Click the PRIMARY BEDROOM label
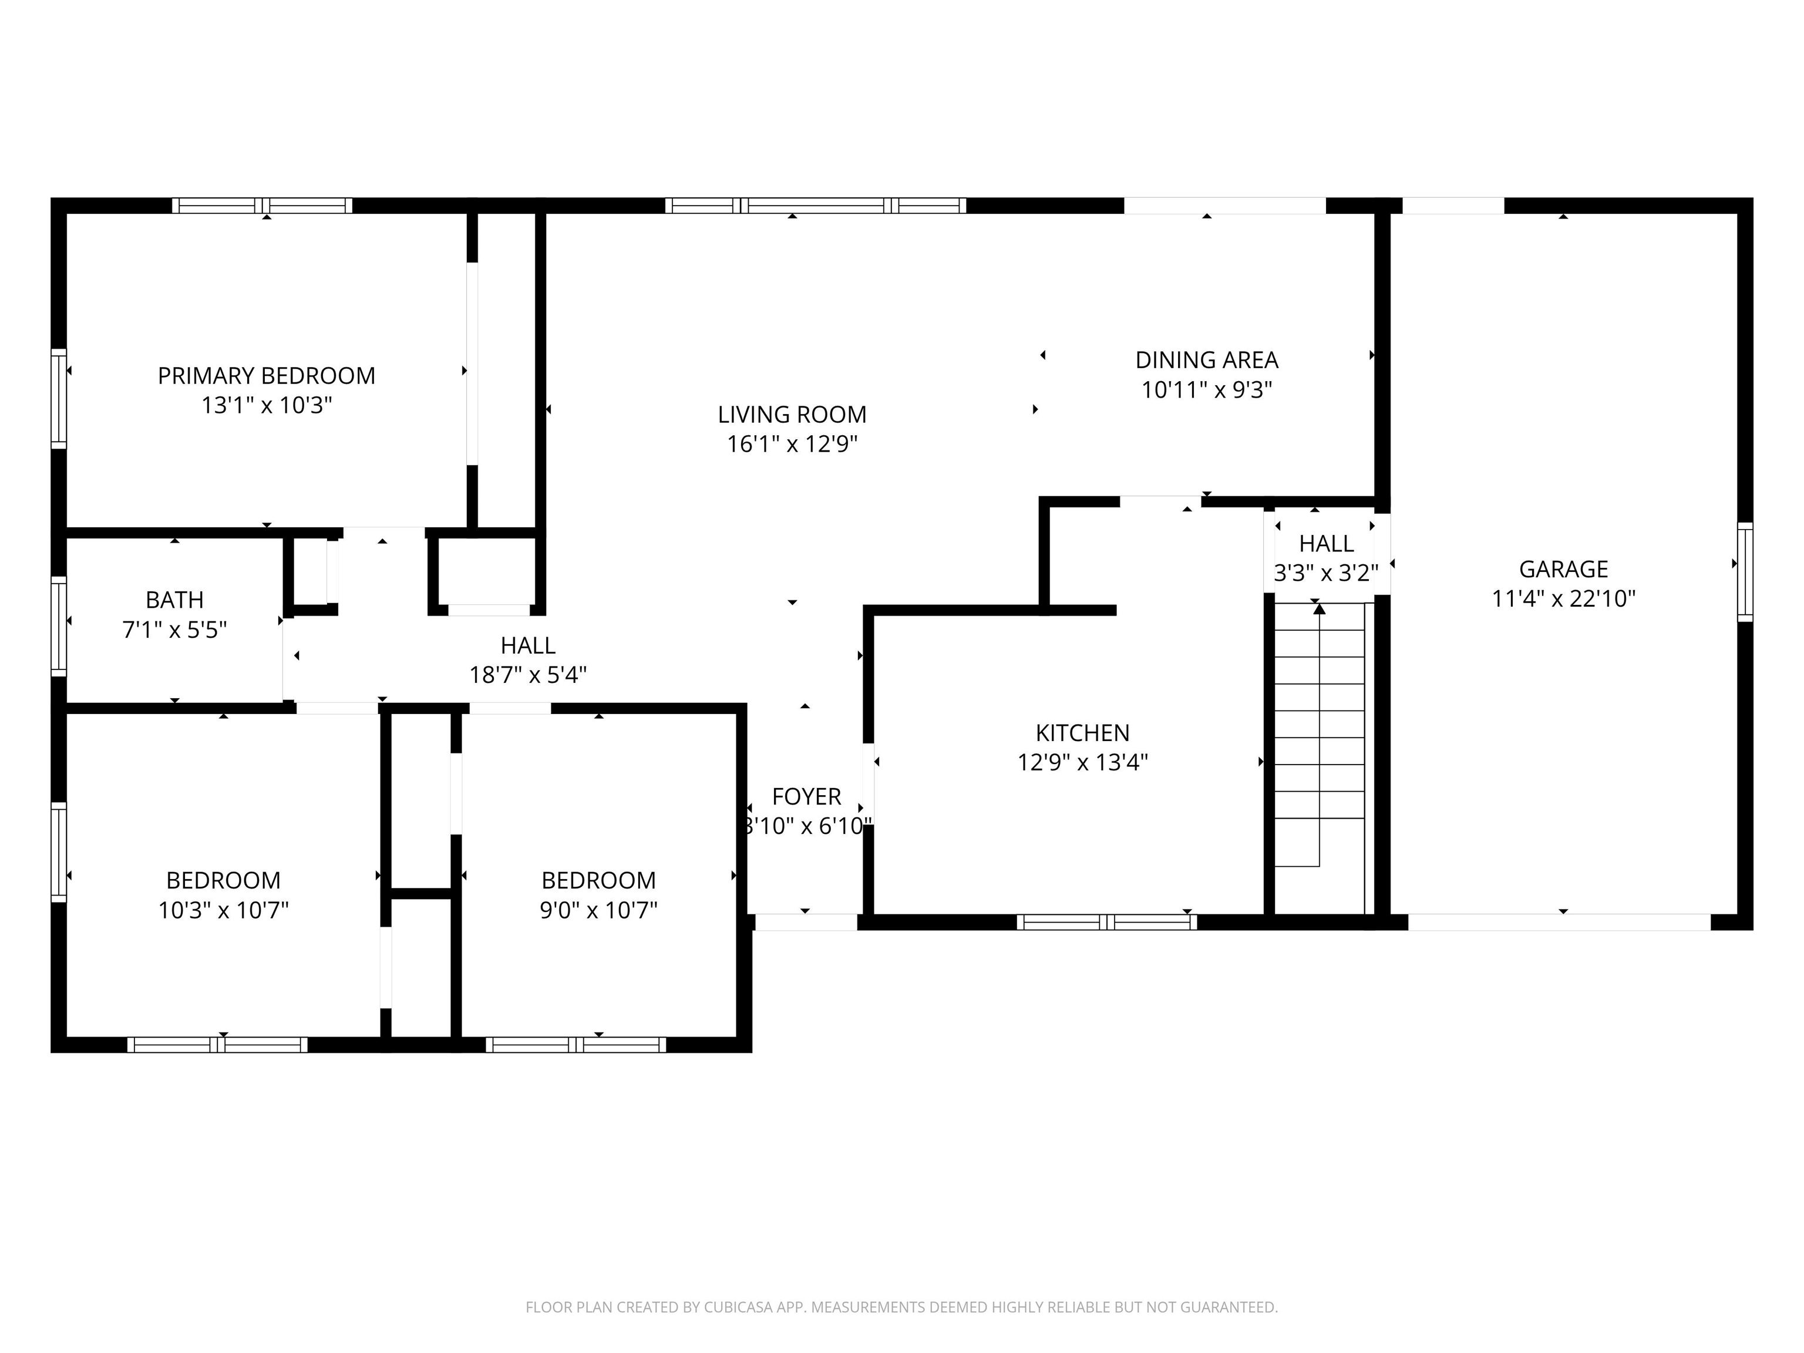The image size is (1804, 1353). click(x=266, y=376)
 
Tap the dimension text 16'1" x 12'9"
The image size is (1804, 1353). click(x=792, y=445)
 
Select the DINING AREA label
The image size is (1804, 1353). click(x=1206, y=359)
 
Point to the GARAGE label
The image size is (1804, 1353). click(x=1563, y=569)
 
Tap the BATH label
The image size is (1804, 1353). click(x=174, y=600)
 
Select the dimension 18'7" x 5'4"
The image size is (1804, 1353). click(x=528, y=675)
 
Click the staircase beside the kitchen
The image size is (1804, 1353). click(x=1319, y=750)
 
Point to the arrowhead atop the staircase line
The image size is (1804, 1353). click(x=1320, y=609)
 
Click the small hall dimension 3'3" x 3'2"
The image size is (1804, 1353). click(x=1325, y=573)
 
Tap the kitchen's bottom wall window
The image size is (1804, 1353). click(x=1107, y=923)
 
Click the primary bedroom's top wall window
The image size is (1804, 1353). click(x=262, y=206)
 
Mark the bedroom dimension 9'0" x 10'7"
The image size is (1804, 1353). click(x=598, y=910)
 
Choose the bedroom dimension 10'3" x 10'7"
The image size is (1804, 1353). click(x=224, y=910)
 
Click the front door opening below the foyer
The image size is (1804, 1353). click(x=806, y=923)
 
